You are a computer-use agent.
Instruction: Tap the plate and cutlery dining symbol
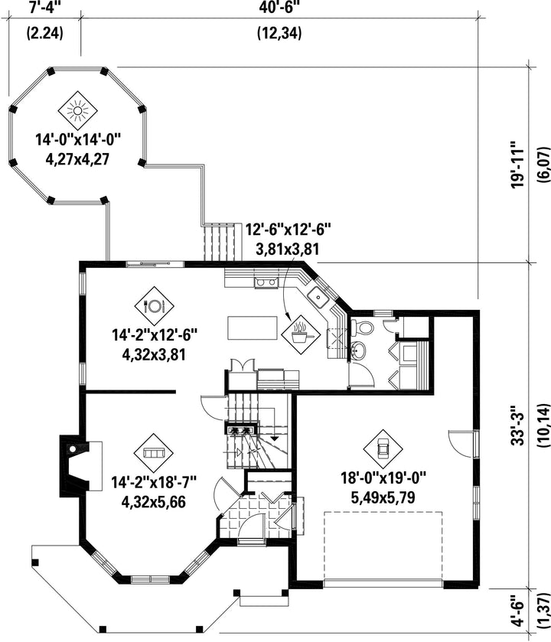point(155,305)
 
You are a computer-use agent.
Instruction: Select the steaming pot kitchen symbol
point(301,334)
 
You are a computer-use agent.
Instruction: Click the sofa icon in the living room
point(154,453)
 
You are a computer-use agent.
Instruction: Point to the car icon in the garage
point(383,449)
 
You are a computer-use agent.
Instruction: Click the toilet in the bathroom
point(363,327)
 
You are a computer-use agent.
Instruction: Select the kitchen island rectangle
point(253,328)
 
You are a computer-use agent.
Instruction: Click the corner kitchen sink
point(318,296)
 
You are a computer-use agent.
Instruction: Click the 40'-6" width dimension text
point(279,8)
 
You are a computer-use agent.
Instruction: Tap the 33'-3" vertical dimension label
point(519,425)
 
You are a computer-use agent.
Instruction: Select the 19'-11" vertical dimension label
point(519,165)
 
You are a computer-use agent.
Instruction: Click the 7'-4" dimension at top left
point(45,8)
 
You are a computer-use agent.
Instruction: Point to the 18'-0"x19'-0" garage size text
point(383,477)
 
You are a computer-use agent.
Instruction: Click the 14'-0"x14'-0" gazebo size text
point(79,139)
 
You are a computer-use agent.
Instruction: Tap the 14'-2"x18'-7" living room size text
point(154,482)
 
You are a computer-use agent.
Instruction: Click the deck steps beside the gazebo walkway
point(221,243)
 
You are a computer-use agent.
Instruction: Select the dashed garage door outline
point(383,546)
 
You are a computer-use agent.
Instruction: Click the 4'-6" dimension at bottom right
point(519,612)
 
